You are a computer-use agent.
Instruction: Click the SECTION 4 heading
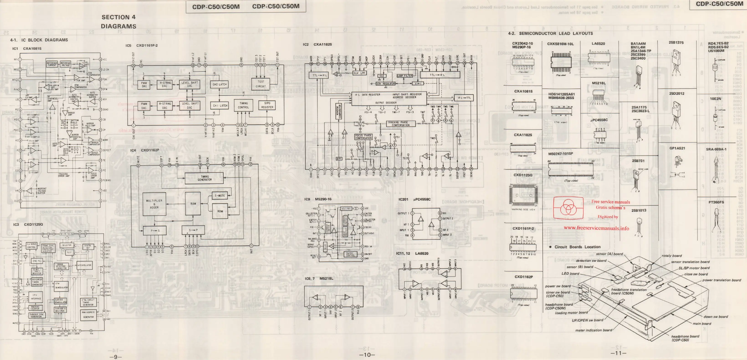pyautogui.click(x=118, y=17)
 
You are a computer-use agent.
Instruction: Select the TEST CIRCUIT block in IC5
pyautogui.click(x=261, y=84)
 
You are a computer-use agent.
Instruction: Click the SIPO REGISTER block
pyautogui.click(x=267, y=105)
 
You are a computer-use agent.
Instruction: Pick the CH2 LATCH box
pyautogui.click(x=220, y=84)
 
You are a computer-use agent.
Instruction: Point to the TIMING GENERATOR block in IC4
pyautogui.click(x=205, y=178)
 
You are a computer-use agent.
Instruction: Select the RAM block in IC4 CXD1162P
pyautogui.click(x=193, y=204)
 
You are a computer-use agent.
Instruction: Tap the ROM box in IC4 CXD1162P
pyautogui.click(x=220, y=211)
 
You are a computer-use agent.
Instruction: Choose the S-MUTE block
pyautogui.click(x=220, y=196)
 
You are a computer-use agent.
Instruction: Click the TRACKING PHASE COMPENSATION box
pyautogui.click(x=401, y=124)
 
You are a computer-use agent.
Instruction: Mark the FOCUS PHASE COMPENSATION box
pyautogui.click(x=363, y=137)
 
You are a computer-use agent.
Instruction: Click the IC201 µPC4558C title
pyautogui.click(x=414, y=199)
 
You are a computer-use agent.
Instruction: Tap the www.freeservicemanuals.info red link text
pyautogui.click(x=596, y=228)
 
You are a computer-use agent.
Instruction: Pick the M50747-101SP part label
pyautogui.click(x=560, y=154)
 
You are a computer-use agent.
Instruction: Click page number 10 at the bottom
pyautogui.click(x=367, y=355)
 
